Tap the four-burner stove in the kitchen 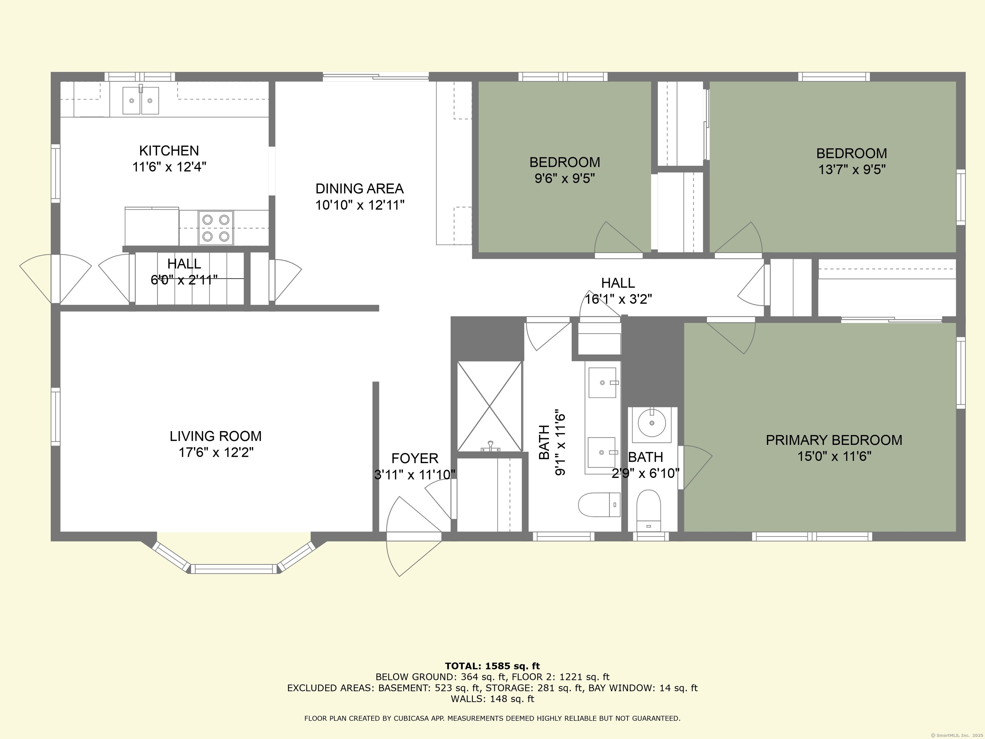pyautogui.click(x=215, y=228)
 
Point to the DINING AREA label pyautogui.click(x=359, y=189)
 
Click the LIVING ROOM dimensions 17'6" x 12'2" pyautogui.click(x=216, y=453)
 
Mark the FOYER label pyautogui.click(x=415, y=458)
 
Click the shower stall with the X pyautogui.click(x=489, y=406)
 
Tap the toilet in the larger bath pyautogui.click(x=599, y=505)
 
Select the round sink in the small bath pyautogui.click(x=652, y=423)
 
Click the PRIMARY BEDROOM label pyautogui.click(x=834, y=440)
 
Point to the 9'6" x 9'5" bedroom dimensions pyautogui.click(x=565, y=179)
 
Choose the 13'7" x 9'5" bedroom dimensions pyautogui.click(x=852, y=170)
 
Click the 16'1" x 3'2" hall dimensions pyautogui.click(x=618, y=299)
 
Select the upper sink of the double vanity pyautogui.click(x=602, y=382)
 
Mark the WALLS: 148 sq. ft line pyautogui.click(x=492, y=699)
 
